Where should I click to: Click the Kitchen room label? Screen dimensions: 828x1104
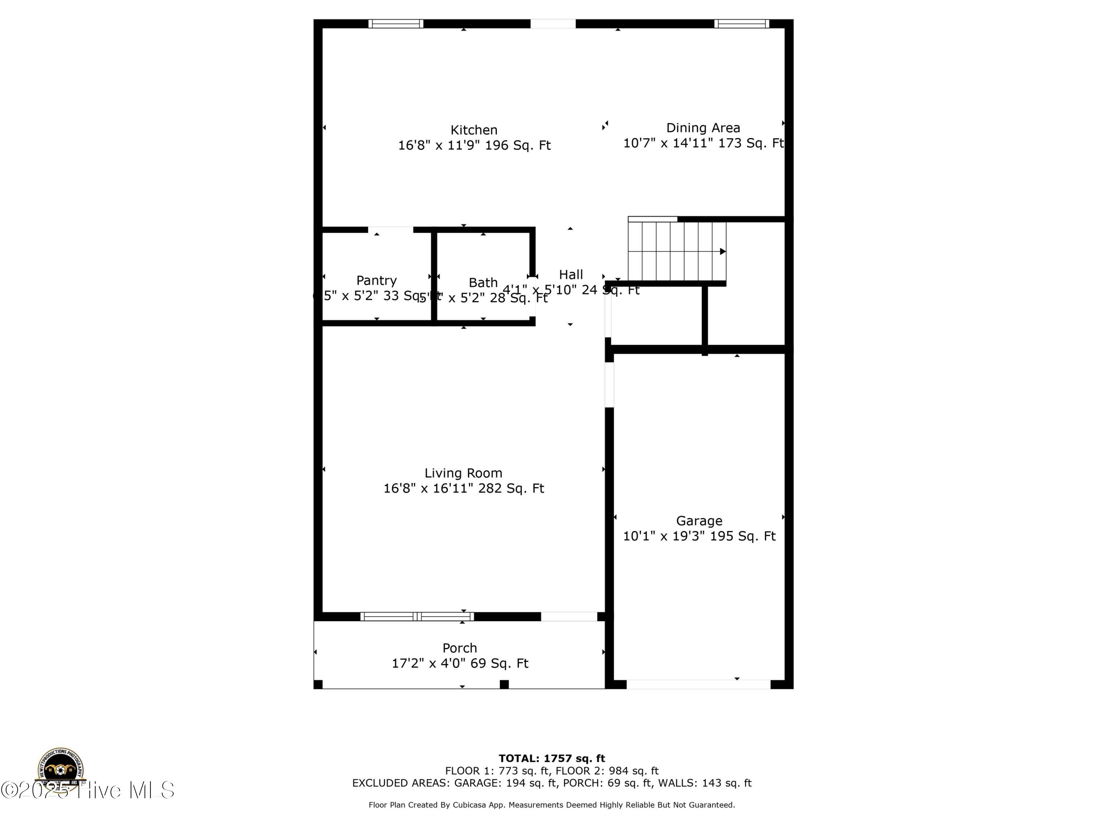point(474,130)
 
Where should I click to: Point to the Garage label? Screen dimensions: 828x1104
point(699,521)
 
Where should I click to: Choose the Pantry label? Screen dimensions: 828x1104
point(376,280)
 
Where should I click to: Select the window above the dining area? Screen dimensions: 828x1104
point(741,24)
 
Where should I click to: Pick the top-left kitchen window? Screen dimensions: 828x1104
point(396,24)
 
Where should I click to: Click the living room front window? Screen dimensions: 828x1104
point(417,616)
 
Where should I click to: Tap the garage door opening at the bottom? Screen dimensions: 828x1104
point(698,684)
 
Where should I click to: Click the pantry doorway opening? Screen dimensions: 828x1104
point(390,230)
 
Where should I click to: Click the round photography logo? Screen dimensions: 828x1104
point(60,769)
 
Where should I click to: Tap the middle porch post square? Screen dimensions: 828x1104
point(504,684)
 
